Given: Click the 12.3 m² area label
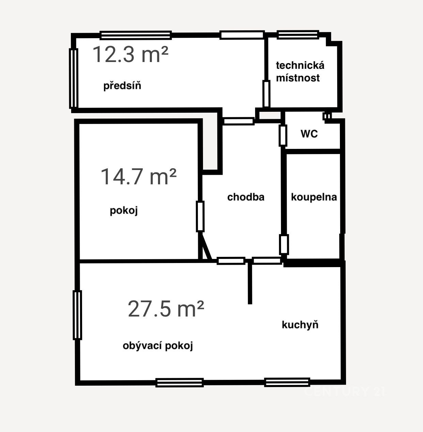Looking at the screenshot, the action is (130, 54).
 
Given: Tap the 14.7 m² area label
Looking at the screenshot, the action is (139, 177).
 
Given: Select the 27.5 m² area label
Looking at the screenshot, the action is (166, 309).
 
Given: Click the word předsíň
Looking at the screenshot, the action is (122, 86).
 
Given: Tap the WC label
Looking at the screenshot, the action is (309, 134).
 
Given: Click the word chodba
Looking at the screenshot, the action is (246, 197).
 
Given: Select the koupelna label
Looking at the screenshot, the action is (314, 197).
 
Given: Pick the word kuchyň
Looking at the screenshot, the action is (300, 325).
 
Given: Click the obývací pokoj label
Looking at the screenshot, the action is (158, 346).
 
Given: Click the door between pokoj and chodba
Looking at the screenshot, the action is (200, 217).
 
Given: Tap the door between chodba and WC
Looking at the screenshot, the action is (283, 136).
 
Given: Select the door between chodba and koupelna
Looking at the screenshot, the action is (284, 244).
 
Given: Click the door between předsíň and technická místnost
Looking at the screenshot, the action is (266, 94).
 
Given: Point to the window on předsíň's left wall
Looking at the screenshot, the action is (74, 78).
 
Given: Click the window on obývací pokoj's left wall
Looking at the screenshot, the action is (77, 315).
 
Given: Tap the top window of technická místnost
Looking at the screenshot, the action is (298, 35).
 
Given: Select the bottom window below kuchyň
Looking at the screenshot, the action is (287, 382).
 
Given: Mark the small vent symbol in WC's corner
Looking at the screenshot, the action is (327, 116).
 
